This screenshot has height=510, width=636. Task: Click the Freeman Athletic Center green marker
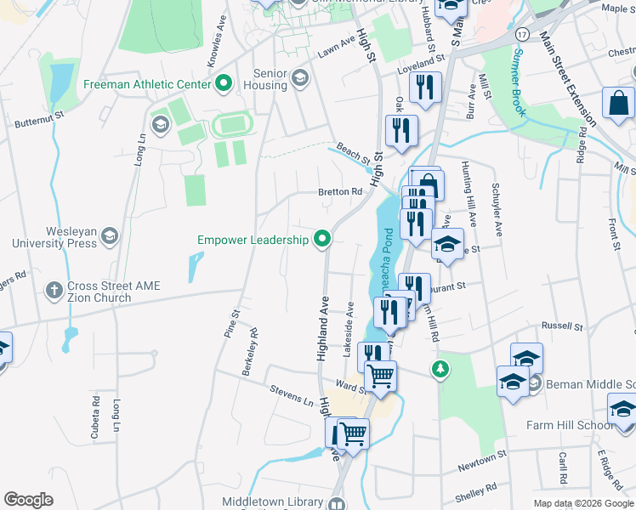[224, 84]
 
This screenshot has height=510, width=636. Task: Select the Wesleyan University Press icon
[109, 236]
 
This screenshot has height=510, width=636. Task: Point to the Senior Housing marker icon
[298, 79]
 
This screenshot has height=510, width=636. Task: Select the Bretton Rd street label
[340, 192]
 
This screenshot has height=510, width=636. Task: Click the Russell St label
[564, 326]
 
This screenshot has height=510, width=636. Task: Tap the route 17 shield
[521, 33]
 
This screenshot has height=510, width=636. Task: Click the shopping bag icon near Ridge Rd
[618, 103]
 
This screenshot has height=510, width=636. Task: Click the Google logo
[28, 500]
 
